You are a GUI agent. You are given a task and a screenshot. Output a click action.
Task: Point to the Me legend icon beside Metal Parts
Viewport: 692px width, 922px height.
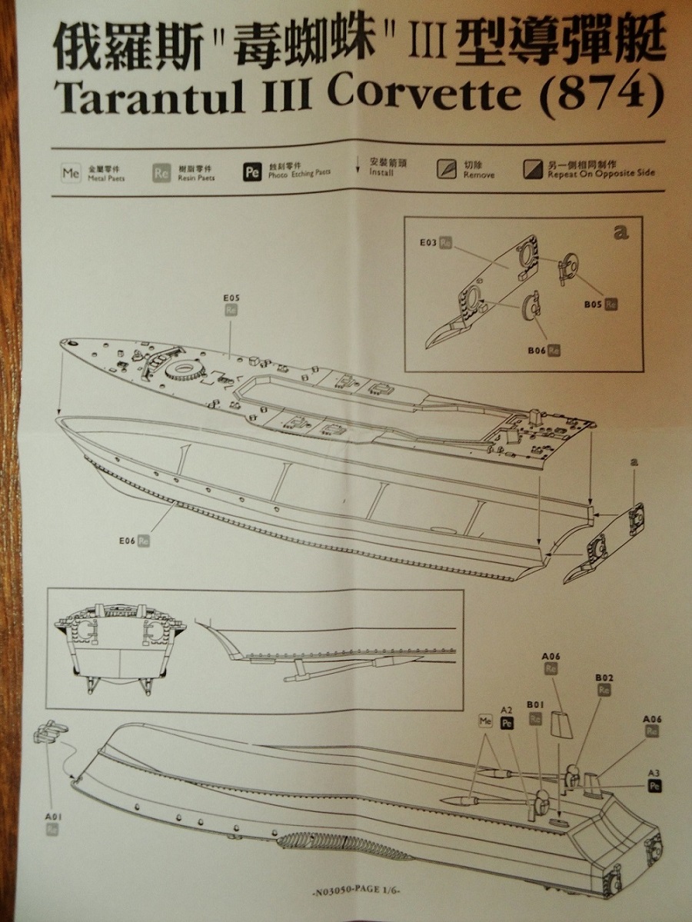click(x=70, y=172)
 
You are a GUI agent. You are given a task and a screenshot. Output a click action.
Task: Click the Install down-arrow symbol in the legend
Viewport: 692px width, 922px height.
click(x=357, y=168)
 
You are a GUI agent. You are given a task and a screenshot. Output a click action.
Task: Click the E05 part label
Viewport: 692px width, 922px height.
click(x=231, y=298)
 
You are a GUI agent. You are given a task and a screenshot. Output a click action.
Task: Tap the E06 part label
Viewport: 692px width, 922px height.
click(x=127, y=541)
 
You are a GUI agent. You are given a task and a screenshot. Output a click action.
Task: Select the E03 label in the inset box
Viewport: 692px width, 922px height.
click(x=428, y=243)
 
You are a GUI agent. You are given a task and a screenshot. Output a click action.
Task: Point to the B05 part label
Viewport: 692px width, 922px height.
click(x=591, y=305)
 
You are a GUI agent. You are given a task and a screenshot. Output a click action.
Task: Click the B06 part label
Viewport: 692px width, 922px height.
click(x=537, y=351)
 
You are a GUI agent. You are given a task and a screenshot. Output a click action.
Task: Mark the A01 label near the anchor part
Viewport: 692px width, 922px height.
click(x=52, y=815)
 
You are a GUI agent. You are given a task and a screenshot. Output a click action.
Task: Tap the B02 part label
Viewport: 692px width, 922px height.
click(x=604, y=677)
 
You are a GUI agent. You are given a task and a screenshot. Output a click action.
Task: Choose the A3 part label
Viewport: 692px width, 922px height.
click(x=654, y=774)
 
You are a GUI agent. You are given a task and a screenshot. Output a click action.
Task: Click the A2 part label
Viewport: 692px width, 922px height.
click(x=507, y=710)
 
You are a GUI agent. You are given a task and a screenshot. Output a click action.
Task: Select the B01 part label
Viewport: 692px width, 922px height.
click(x=535, y=704)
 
